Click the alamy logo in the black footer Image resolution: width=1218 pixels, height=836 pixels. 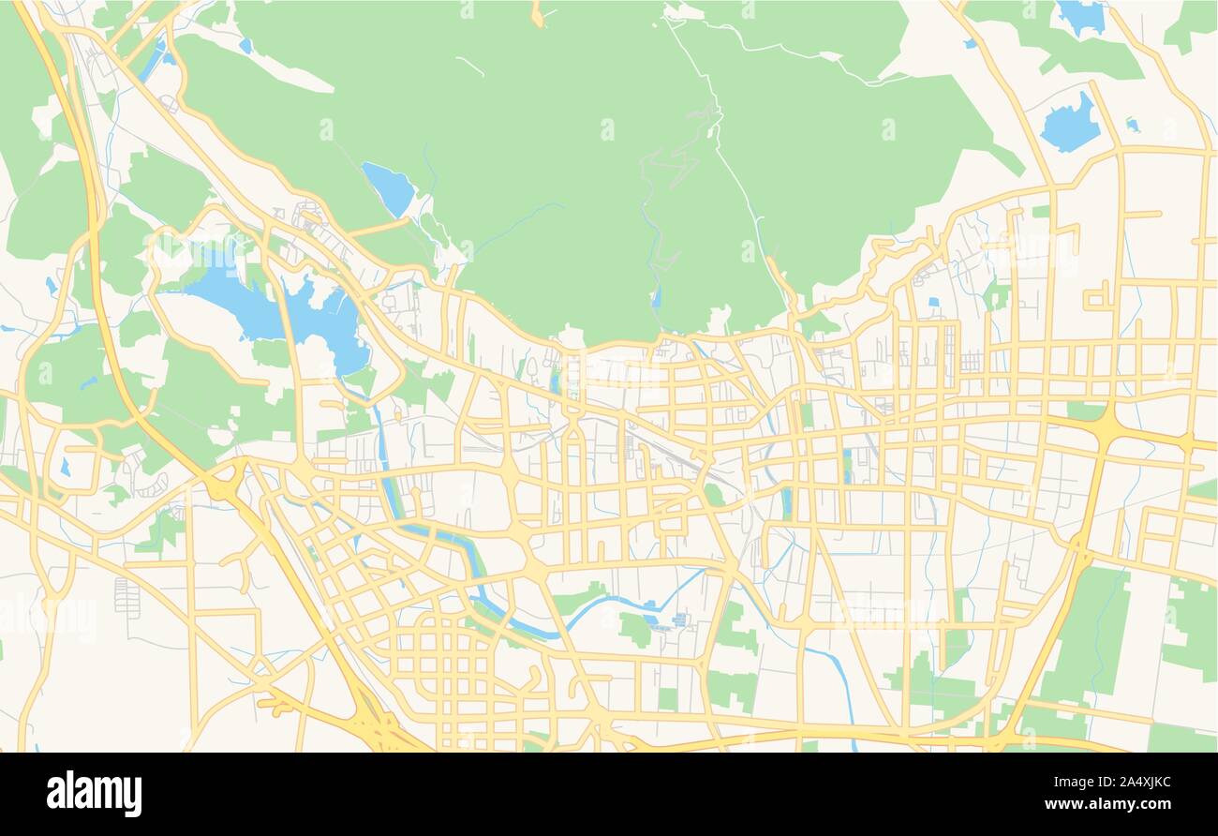(x=94, y=794)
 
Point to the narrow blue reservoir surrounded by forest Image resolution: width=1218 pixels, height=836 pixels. (x=389, y=187)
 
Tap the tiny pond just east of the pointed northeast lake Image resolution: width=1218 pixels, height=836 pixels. (x=1132, y=124)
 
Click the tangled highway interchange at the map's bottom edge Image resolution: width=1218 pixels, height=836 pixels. (x=379, y=726)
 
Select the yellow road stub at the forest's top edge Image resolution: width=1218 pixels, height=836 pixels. (x=537, y=13)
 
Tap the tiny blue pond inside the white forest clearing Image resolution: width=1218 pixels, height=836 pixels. (x=245, y=44)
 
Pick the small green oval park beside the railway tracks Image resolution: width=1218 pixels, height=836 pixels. (x=714, y=495)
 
